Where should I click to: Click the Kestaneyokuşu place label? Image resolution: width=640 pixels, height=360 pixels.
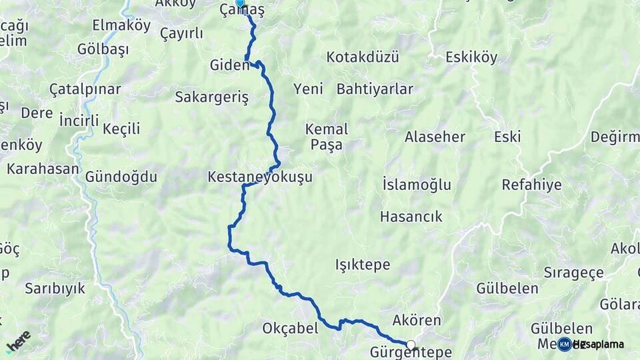tap(259, 178)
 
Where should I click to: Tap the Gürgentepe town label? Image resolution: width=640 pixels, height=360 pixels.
tap(411, 353)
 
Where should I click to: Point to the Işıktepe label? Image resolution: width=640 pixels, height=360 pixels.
tap(362, 265)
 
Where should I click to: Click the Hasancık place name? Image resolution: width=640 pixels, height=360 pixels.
tap(411, 217)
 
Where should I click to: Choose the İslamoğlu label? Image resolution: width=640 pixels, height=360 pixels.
tap(417, 185)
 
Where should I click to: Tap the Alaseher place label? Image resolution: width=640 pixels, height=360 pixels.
tap(435, 137)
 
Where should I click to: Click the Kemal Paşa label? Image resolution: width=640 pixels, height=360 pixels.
tap(325, 136)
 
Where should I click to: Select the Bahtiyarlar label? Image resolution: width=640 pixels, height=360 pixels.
tap(375, 89)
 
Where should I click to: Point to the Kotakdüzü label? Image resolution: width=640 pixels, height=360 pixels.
tap(363, 57)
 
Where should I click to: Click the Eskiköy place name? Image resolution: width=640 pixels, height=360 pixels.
tap(471, 57)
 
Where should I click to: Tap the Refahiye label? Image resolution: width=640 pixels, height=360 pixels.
tap(531, 185)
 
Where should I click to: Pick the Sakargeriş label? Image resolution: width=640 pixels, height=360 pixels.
tap(211, 97)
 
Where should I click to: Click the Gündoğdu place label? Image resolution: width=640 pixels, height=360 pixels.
tap(121, 177)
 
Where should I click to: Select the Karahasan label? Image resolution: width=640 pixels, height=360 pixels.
tap(43, 169)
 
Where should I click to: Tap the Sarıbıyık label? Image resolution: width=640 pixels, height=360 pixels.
tap(55, 289)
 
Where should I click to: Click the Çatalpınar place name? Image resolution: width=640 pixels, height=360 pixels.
tap(85, 89)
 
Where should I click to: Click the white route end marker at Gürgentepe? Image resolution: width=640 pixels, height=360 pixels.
tap(411, 345)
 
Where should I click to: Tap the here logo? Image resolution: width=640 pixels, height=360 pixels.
tap(19, 341)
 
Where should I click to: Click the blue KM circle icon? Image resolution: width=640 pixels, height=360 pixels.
tap(564, 344)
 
